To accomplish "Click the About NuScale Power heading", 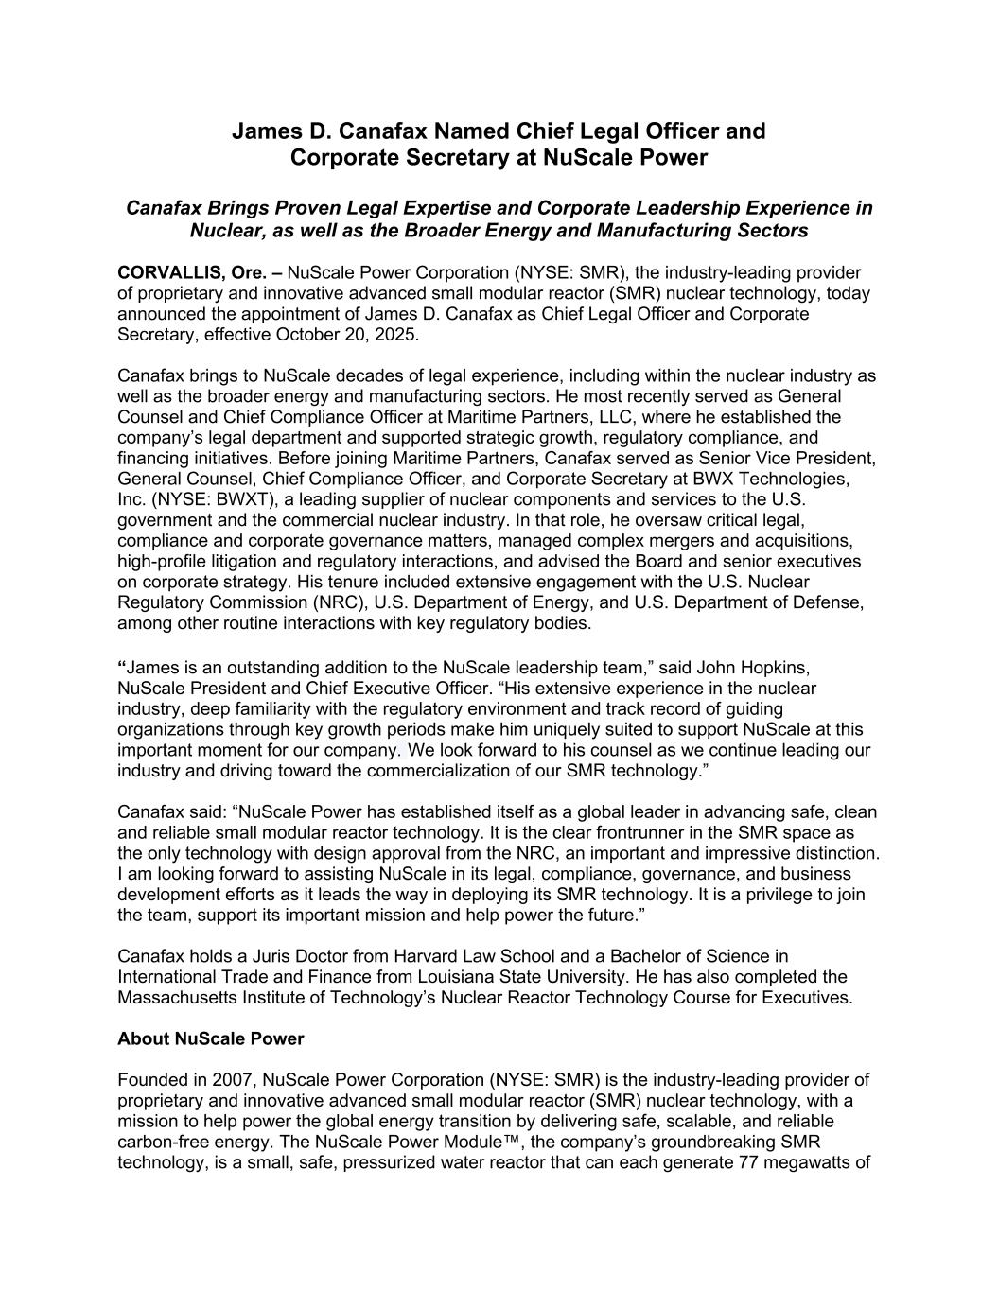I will click(x=211, y=1038).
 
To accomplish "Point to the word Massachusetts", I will click(x=176, y=998).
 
